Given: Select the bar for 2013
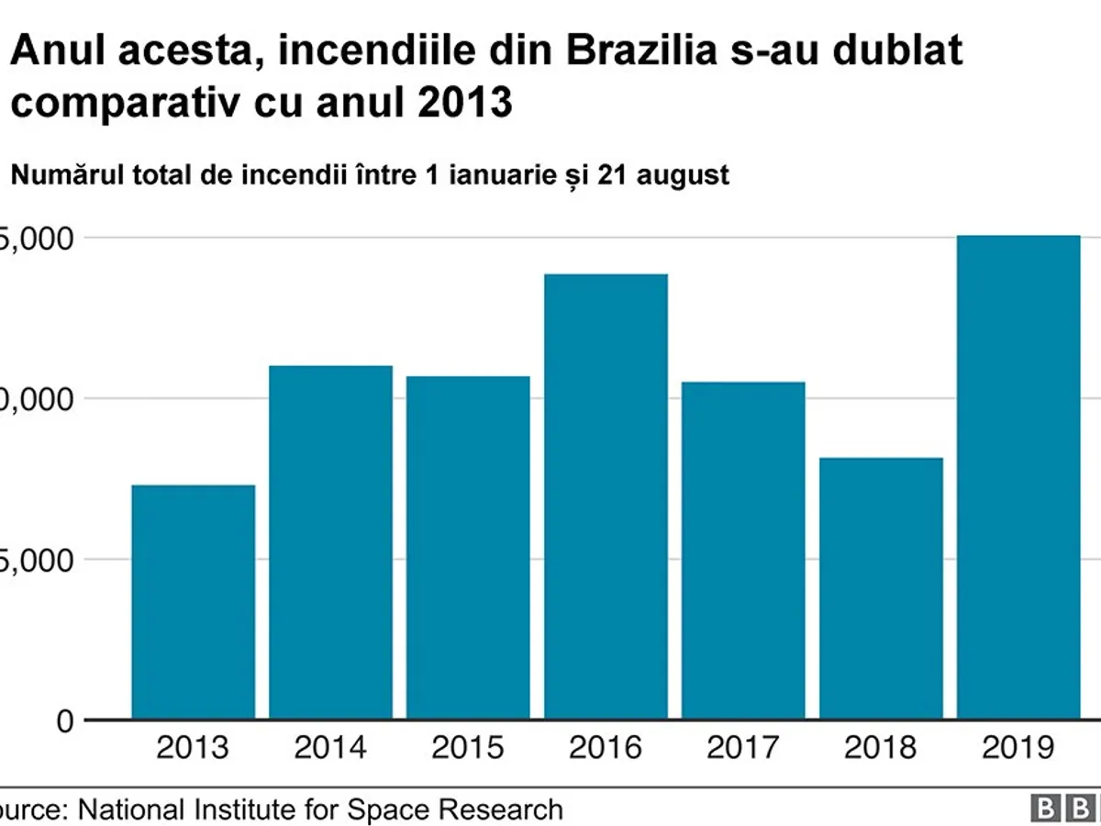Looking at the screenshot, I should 193,602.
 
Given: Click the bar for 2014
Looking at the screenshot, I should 330,542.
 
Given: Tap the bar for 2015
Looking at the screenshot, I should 468,548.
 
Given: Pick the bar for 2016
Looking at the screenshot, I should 606,497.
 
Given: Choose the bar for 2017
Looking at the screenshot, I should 743,551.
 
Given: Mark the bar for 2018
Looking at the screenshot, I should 881,588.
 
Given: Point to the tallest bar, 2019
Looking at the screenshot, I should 1018,477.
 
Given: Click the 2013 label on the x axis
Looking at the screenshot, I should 193,748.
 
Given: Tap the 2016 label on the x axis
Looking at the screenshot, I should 606,748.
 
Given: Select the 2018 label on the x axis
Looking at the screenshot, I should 881,748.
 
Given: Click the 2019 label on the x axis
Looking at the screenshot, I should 1018,748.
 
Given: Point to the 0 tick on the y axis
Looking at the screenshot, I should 61,721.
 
